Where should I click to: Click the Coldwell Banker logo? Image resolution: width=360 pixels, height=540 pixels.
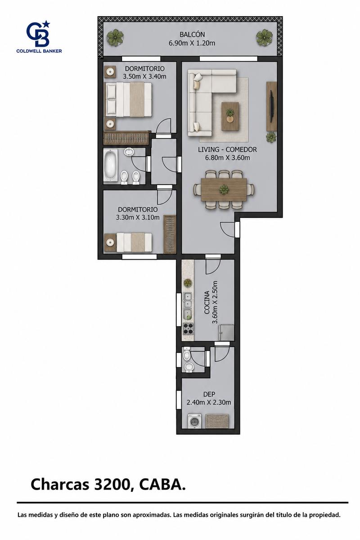(x=39, y=36)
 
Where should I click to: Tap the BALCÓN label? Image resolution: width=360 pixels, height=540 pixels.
(x=192, y=35)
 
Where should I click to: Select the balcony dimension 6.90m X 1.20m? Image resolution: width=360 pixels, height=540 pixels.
(x=192, y=43)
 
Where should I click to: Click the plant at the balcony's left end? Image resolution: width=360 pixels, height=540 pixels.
(x=115, y=37)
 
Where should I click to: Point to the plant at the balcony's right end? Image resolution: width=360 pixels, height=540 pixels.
(x=264, y=37)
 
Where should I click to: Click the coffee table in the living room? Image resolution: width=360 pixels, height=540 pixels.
(x=230, y=116)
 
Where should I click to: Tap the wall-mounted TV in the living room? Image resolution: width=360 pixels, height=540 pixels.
(x=272, y=107)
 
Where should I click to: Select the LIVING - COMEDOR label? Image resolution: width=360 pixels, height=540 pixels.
(x=227, y=149)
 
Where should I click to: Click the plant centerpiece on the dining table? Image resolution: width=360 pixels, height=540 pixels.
(x=224, y=189)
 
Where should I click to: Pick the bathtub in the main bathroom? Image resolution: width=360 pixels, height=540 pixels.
(x=110, y=165)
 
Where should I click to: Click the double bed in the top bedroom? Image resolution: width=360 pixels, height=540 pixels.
(x=128, y=100)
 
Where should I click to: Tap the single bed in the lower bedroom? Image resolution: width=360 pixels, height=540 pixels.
(x=134, y=242)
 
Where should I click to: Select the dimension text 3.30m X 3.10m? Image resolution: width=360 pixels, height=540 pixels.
(x=138, y=217)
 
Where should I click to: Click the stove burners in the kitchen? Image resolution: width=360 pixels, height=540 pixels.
(x=188, y=328)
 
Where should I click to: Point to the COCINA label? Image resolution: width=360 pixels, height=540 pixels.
(x=207, y=302)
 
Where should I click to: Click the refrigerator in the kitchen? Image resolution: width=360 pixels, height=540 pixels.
(x=226, y=333)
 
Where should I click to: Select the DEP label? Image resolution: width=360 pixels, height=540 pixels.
(x=209, y=394)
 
